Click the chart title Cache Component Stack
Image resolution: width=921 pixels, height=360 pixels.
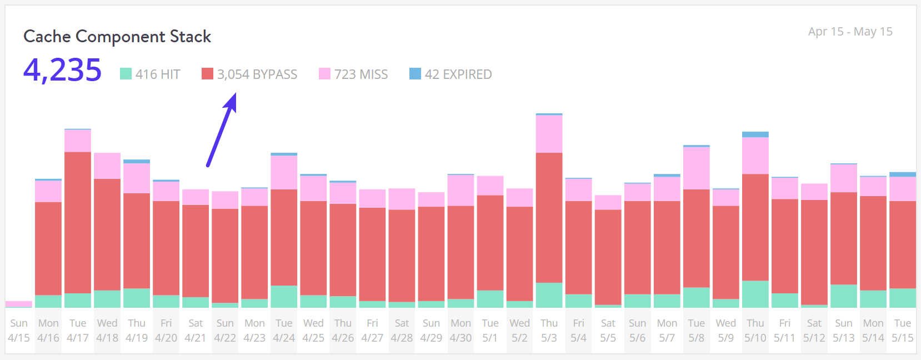coord(117,37)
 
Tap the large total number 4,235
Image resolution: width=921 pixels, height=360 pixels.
coord(63,71)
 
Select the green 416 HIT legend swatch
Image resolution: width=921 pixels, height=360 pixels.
coord(126,74)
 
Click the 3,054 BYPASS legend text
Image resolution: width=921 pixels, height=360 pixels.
coord(257,74)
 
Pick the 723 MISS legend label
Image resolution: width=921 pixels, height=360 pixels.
coord(361,74)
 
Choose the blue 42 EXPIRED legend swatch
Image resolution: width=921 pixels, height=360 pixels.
coord(415,74)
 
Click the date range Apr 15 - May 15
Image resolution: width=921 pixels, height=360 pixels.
coord(850,32)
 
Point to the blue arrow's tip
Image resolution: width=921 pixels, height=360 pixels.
coord(234,95)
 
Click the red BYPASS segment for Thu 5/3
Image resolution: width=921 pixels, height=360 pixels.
coord(549,217)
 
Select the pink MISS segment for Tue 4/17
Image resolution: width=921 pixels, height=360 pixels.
coord(78,141)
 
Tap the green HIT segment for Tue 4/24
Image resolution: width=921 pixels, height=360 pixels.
coord(284,297)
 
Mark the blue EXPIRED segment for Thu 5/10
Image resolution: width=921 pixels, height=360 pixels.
coord(755,134)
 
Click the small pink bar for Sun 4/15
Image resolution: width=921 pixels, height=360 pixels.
coord(19,304)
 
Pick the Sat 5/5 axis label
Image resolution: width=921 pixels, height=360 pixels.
coord(608,331)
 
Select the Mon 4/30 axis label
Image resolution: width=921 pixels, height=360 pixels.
coord(461,331)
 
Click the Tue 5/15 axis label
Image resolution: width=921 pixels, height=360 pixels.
coord(902,331)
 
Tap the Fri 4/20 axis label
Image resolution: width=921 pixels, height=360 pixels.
coord(166,331)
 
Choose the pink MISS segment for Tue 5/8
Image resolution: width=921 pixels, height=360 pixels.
coord(696,168)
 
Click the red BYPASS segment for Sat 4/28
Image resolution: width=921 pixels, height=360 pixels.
coord(402,256)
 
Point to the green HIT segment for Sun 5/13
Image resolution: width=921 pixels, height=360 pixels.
coord(843,296)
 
